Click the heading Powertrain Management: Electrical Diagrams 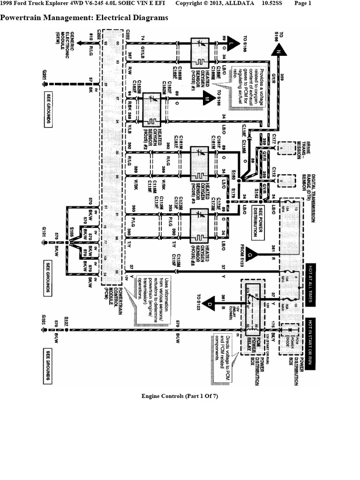(84, 18)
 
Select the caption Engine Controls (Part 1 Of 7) (180, 396)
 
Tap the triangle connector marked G (250, 255)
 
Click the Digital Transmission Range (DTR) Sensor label (310, 192)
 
